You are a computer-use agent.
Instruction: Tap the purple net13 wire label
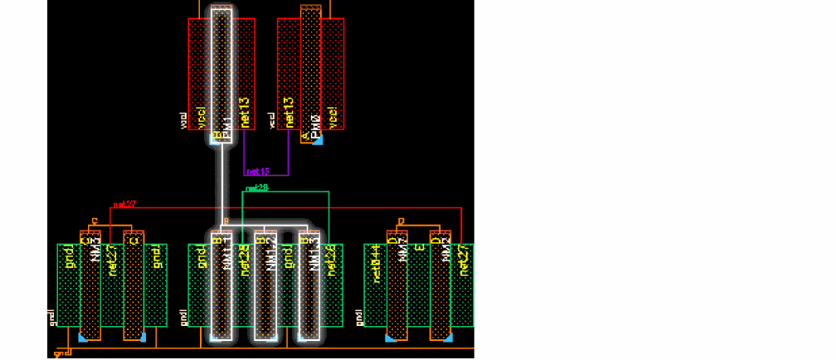click(257, 172)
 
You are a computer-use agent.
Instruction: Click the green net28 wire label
click(257, 188)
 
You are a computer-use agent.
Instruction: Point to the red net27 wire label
click(124, 202)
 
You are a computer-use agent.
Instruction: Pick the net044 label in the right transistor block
click(377, 264)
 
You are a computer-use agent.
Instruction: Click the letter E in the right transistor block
click(420, 247)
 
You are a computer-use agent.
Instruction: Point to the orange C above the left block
click(95, 221)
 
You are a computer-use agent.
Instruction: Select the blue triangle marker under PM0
click(316, 139)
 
